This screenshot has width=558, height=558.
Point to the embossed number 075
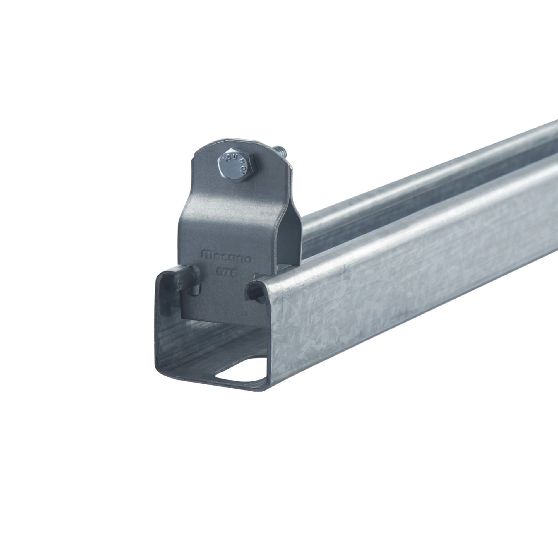(x=227, y=272)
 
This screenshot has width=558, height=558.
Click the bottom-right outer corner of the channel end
(x=268, y=388)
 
